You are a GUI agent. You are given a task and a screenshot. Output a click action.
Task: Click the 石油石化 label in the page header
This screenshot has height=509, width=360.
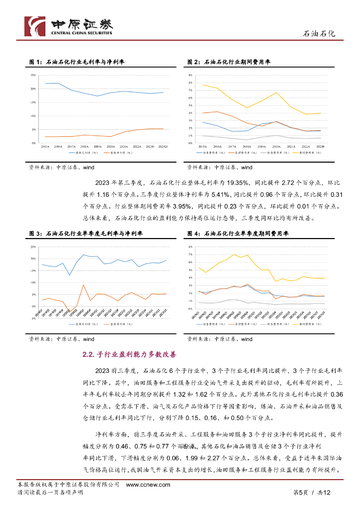pyautogui.click(x=319, y=34)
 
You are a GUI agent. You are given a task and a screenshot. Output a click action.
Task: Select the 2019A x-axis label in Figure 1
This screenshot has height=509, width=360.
pyautogui.click(x=97, y=147)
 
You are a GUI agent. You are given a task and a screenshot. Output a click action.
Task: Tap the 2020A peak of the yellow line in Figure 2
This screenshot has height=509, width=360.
pyautogui.click(x=276, y=92)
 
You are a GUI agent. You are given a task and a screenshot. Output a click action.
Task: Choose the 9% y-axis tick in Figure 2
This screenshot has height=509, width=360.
pyautogui.click(x=190, y=75)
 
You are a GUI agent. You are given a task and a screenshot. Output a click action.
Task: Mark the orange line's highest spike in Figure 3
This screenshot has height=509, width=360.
pyautogui.click(x=83, y=285)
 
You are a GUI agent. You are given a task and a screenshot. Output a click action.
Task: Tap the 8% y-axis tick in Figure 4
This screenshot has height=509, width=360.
pyautogui.click(x=190, y=247)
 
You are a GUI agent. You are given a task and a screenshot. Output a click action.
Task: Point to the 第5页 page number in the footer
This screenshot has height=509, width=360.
pyautogui.click(x=300, y=492)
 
